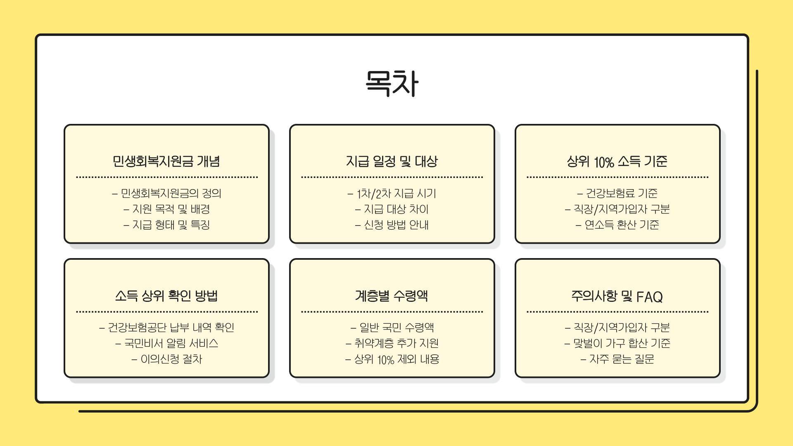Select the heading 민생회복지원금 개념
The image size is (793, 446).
pos(166,161)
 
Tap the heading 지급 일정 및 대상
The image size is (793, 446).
pos(392,161)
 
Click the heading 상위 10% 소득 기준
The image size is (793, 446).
pos(617,161)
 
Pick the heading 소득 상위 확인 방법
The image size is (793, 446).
pos(166,296)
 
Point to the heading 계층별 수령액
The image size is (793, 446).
pos(392,296)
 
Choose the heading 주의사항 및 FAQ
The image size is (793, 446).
pos(617,296)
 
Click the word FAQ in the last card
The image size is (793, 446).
pos(649,297)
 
